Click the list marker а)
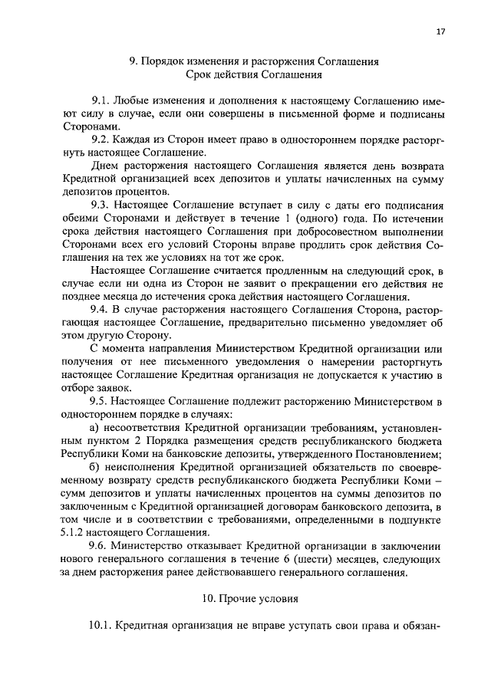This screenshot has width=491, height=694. click(x=96, y=426)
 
